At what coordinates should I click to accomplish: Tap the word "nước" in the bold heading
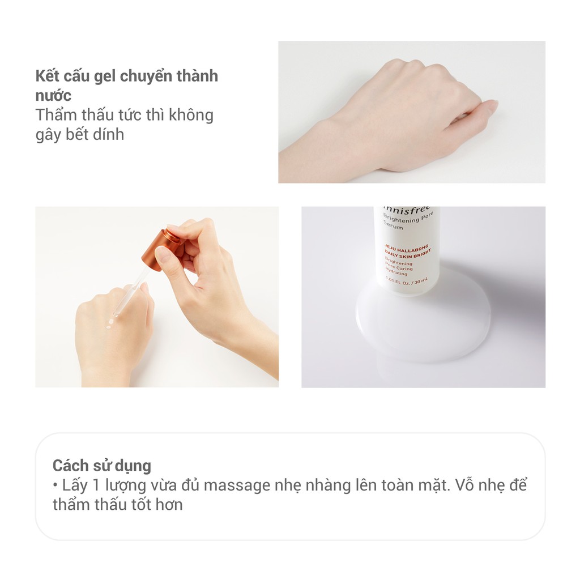pyautogui.click(x=53, y=95)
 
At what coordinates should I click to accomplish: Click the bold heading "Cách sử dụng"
pyautogui.click(x=102, y=466)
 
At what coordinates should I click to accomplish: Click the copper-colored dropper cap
pyautogui.click(x=162, y=245)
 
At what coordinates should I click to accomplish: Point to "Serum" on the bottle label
pyautogui.click(x=393, y=227)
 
